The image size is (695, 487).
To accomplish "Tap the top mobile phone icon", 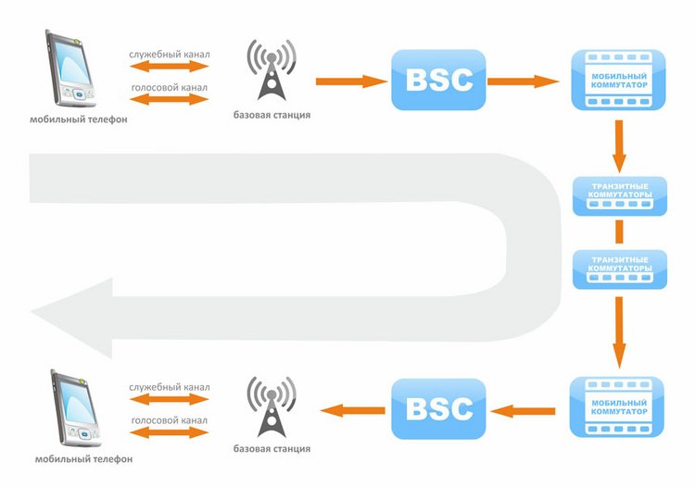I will click(x=70, y=70).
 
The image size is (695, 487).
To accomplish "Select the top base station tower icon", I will click(x=271, y=70).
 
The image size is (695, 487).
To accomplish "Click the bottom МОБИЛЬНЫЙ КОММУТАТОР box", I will click(x=619, y=406).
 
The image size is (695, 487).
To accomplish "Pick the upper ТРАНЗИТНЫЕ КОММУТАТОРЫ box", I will click(x=619, y=194).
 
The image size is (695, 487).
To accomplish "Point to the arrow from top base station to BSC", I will click(x=351, y=81).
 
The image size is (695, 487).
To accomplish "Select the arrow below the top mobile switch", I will click(x=619, y=144).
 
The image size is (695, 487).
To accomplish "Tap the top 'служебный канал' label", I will click(x=170, y=55).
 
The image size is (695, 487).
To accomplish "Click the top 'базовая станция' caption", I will click(x=271, y=115).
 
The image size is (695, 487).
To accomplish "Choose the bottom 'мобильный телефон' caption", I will click(x=83, y=458).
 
